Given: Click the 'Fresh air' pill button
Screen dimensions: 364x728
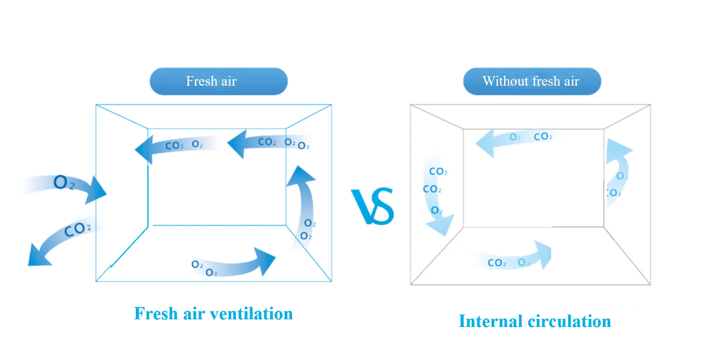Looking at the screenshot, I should coord(218,81).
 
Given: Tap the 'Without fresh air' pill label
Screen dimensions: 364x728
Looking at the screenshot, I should coord(532,81).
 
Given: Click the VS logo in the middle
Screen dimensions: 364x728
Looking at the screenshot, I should coord(372,206).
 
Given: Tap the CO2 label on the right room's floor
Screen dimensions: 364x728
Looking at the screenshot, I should coord(497,263).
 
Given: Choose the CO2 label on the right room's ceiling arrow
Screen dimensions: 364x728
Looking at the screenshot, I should coord(543,136).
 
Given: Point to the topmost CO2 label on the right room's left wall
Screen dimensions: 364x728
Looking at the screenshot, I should coord(438,171).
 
